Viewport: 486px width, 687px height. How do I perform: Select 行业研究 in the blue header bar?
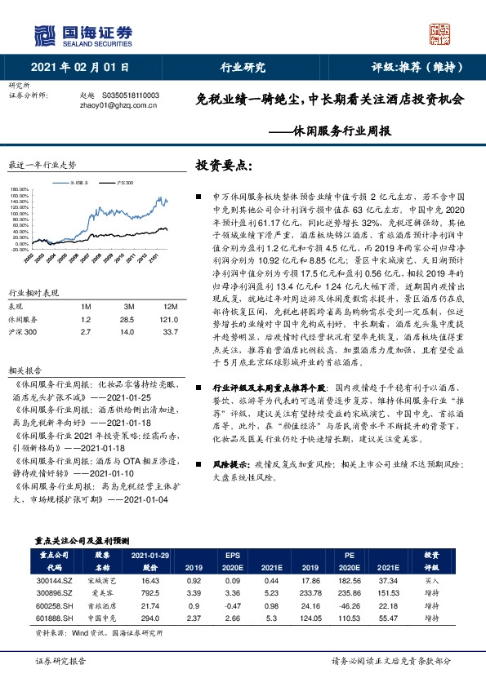243,68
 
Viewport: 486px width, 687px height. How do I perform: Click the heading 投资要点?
221,166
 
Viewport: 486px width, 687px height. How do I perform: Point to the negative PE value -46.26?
349,605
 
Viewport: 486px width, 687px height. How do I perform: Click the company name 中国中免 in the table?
103,617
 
